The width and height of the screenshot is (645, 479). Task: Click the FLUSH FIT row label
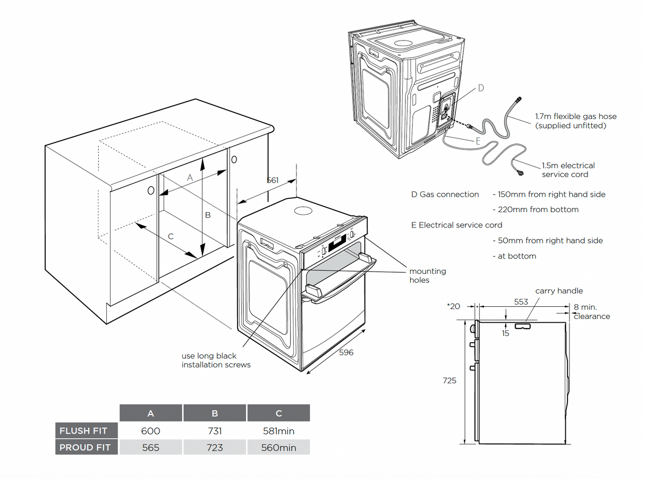click(83, 431)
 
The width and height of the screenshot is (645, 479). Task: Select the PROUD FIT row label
click(85, 448)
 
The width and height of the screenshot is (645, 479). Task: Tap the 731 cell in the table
click(215, 431)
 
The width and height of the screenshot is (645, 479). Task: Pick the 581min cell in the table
click(278, 431)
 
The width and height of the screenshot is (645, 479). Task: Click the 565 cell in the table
click(150, 448)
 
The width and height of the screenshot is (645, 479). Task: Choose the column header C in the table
click(278, 414)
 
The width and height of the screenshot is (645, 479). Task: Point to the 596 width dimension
click(346, 352)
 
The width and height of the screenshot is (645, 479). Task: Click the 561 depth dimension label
click(272, 180)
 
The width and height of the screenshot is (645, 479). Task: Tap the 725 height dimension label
click(449, 381)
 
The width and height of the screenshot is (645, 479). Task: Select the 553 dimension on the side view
click(521, 301)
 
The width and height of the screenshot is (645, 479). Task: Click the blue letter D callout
click(481, 88)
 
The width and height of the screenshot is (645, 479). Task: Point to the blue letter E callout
click(478, 141)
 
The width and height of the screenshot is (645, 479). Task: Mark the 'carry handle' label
click(559, 291)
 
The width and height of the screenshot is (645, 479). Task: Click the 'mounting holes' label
click(427, 275)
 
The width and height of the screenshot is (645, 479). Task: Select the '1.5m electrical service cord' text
click(568, 170)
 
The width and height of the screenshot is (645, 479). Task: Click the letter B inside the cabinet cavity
click(208, 215)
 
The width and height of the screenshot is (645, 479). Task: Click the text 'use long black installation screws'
click(216, 360)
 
